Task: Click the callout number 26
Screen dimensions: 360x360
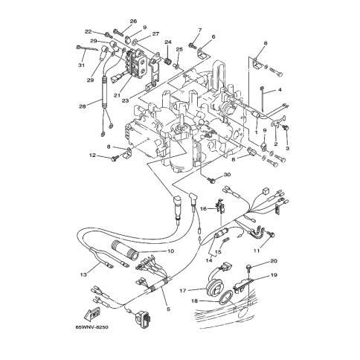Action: coord(133,22)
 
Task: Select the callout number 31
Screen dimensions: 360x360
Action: coord(82,65)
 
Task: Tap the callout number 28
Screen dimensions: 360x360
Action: coord(83,106)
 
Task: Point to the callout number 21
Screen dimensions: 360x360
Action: coord(117,95)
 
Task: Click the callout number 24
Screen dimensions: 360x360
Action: coord(168,42)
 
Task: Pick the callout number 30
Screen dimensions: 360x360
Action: coord(227,175)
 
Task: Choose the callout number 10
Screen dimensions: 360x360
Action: coord(171,251)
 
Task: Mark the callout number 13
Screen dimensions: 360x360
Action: coord(84,274)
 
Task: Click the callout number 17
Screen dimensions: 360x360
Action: coord(183,291)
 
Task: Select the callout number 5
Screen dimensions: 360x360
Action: coord(168,309)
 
